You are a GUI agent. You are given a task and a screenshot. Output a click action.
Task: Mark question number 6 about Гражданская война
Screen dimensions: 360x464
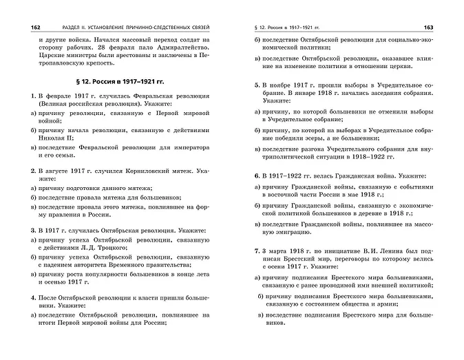coord(256,176)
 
